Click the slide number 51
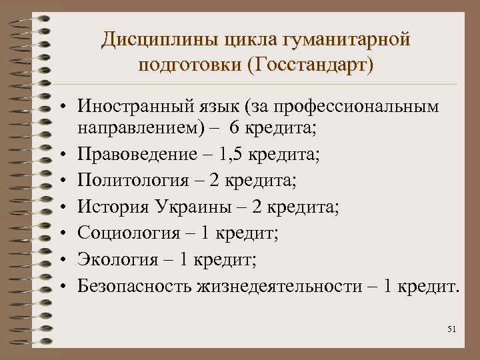pos(453,330)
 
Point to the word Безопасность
pos(135,286)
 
